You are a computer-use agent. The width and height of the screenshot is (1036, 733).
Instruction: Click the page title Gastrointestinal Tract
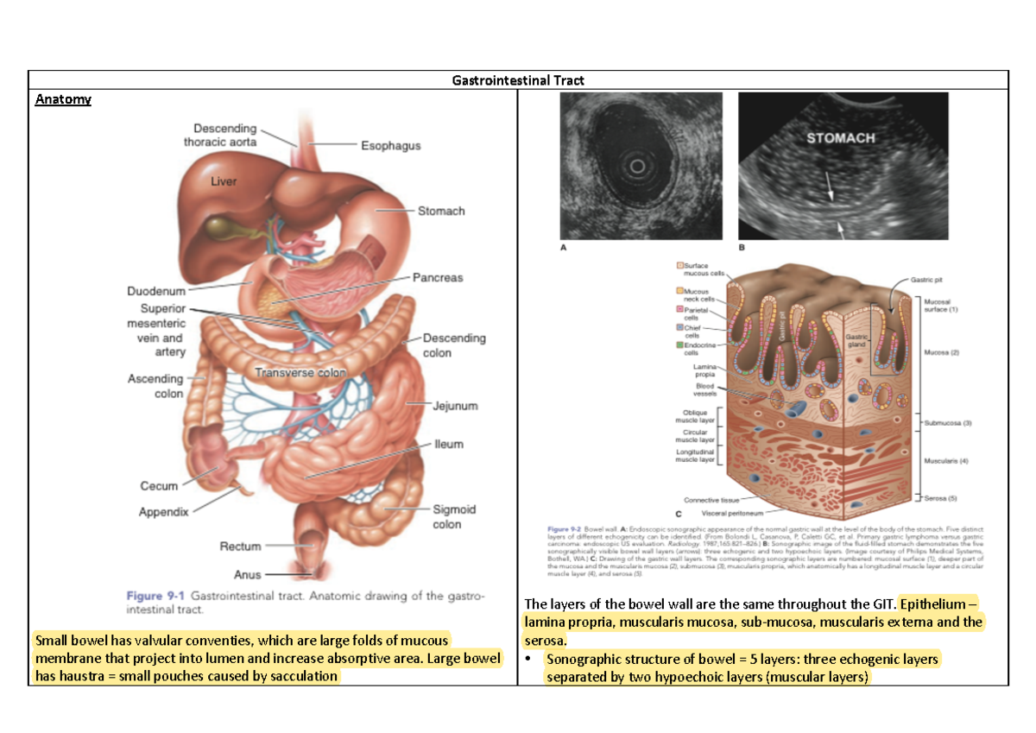[x=518, y=80]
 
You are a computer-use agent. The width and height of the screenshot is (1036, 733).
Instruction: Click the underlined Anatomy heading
[x=62, y=99]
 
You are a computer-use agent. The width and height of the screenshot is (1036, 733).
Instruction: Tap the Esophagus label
[x=390, y=146]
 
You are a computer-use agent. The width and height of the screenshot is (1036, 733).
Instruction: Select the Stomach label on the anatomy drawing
[x=441, y=211]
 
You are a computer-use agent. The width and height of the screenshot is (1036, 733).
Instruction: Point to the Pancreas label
[x=437, y=278]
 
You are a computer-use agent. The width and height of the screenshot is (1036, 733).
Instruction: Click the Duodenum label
[x=155, y=292]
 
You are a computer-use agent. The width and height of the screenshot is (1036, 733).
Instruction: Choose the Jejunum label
[x=455, y=406]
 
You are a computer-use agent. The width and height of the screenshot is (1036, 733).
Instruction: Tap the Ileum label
[x=449, y=445]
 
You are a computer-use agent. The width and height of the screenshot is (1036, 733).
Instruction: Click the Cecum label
[x=159, y=486]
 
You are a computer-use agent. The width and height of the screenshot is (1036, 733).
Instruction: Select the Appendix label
[x=163, y=512]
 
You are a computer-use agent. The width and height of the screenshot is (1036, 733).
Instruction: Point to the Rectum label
[x=240, y=547]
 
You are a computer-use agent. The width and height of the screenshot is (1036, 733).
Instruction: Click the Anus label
[x=247, y=574]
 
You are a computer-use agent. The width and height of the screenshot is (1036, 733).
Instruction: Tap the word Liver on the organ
[x=224, y=181]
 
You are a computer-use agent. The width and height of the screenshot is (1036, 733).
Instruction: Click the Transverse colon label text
[x=300, y=373]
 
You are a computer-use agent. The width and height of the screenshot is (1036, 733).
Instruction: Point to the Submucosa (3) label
[x=948, y=423]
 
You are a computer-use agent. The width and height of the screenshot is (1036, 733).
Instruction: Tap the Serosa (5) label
[x=942, y=498]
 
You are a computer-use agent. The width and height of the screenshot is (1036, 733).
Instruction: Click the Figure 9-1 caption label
[x=155, y=596]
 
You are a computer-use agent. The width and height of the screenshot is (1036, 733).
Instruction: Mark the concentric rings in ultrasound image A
[x=638, y=165]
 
